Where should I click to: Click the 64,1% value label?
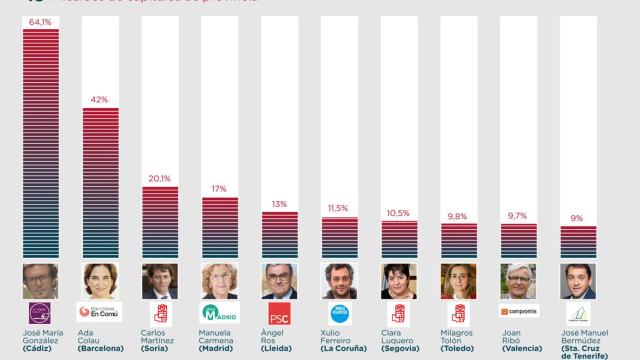coord(41,20)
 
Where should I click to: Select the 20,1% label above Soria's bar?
coord(160,178)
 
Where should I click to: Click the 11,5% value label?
coord(340,208)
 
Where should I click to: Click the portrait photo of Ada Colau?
coord(101,281)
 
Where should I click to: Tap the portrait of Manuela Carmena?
coord(220,281)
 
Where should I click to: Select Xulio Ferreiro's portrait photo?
coord(340,281)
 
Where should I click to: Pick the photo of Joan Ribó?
coord(519,281)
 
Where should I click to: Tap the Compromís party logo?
coord(519,311)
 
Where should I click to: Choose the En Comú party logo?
coord(100,312)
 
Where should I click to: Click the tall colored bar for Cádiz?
coord(41,145)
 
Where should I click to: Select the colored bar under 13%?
coord(280,235)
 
